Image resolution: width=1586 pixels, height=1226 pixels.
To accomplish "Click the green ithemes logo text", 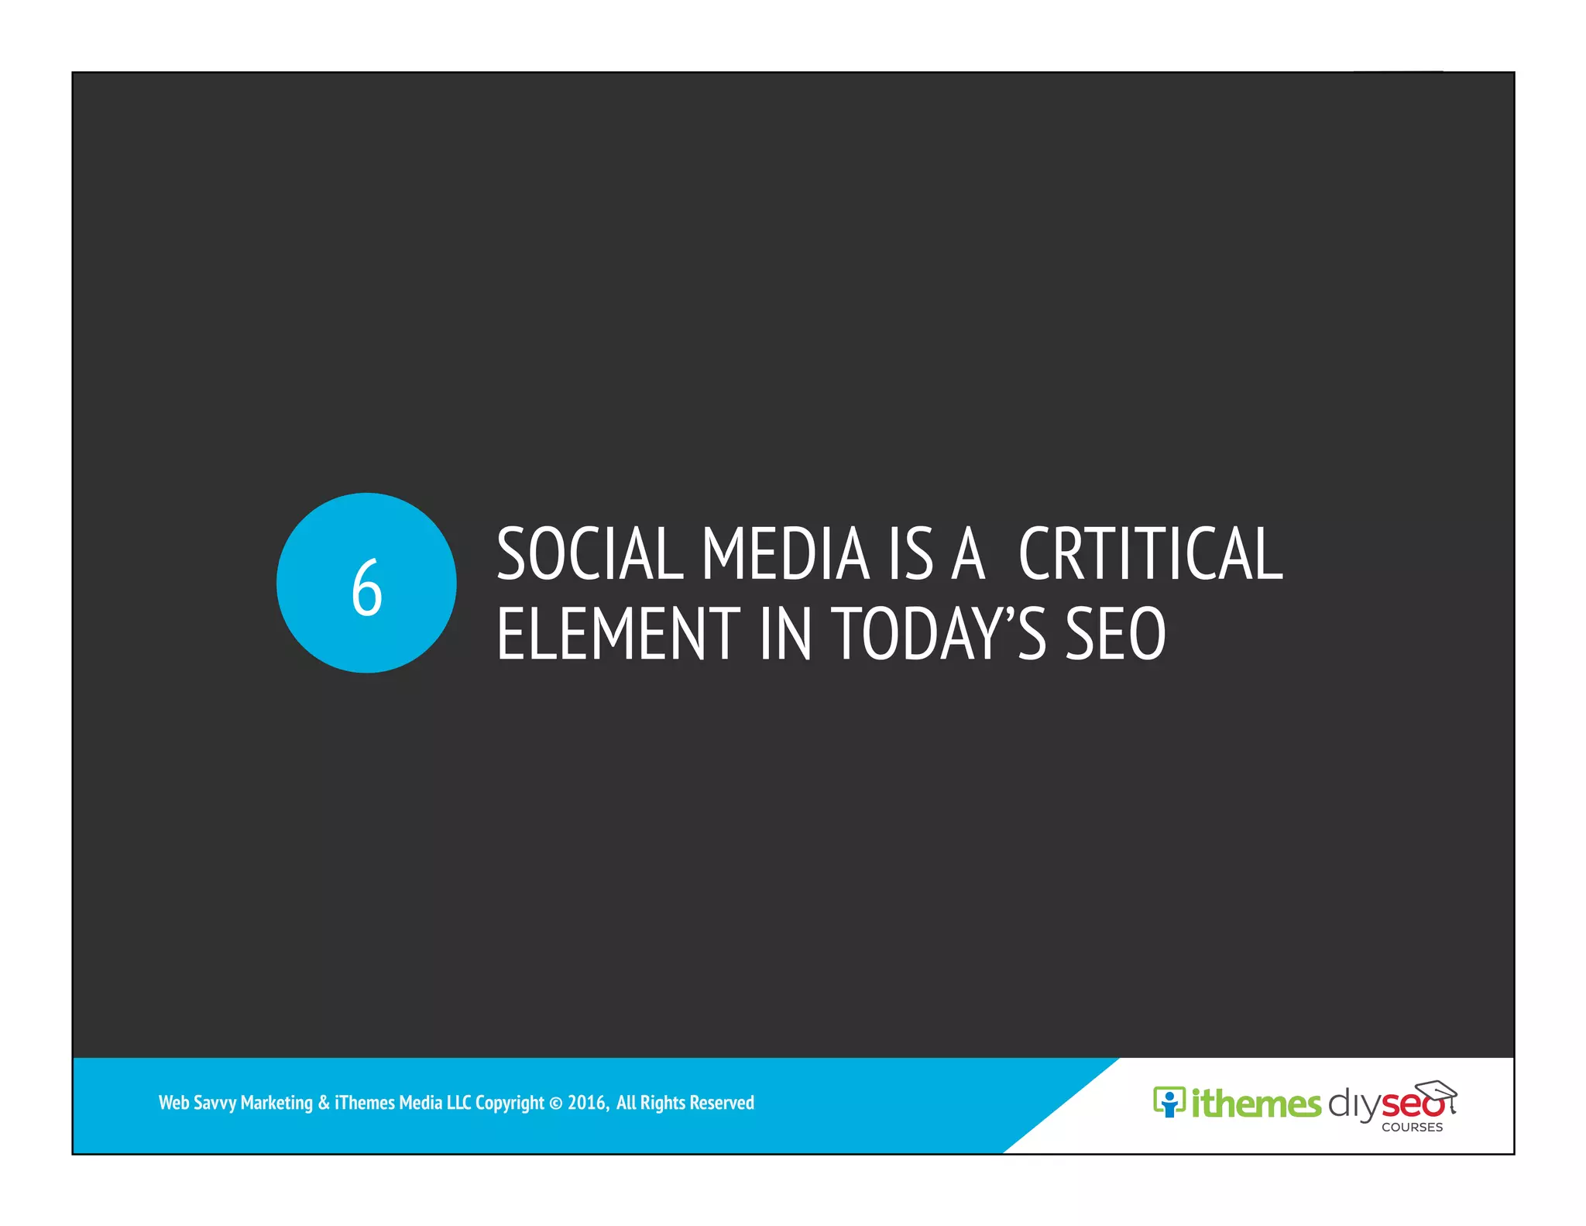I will click(1256, 1104).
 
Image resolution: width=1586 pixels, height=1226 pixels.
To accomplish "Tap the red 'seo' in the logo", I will click(1411, 1104).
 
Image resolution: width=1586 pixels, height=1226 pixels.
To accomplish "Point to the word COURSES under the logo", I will click(1412, 1128).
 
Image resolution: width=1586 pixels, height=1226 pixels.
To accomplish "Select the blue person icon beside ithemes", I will click(1169, 1102).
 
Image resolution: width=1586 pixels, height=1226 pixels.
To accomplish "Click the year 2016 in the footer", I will click(587, 1103).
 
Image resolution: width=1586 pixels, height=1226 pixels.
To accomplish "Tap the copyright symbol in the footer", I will click(556, 1103).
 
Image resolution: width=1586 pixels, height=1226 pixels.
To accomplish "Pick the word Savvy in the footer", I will click(215, 1103).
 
